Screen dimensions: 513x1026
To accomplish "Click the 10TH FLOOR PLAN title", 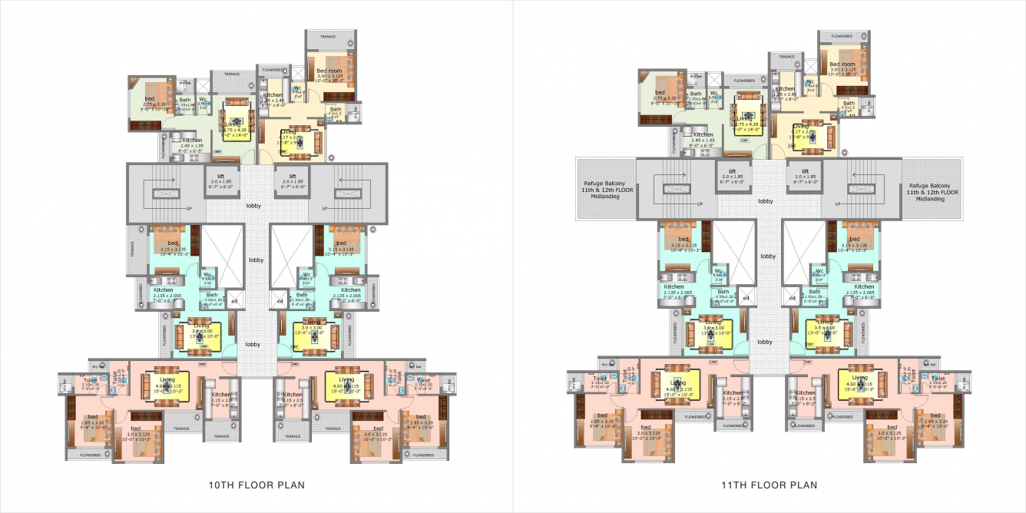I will pos(256,485).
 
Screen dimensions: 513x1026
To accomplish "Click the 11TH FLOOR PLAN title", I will pos(769,485).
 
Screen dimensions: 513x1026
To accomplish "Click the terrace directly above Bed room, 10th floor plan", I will pos(328,36).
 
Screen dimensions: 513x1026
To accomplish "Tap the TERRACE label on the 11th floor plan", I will pos(786,57).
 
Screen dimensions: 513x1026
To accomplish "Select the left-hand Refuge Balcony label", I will pos(607,192).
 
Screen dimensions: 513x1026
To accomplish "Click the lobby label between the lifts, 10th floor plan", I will pos(253,206).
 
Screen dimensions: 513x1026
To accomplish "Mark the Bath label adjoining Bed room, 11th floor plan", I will pos(848,104).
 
